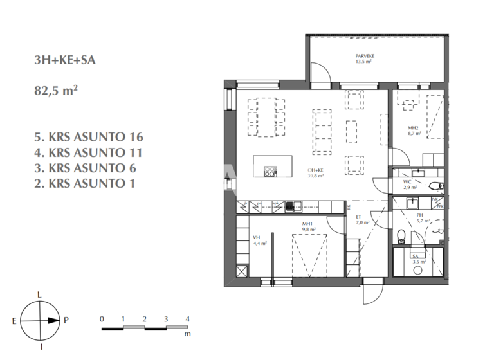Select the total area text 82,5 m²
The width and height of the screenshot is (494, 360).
click(56, 91)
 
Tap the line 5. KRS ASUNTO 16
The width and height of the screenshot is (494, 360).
click(89, 137)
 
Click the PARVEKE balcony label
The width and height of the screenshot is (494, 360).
click(365, 57)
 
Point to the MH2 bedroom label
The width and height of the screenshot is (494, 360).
click(413, 129)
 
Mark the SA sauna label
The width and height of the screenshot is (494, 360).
click(415, 256)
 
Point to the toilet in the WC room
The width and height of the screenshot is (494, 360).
click(437, 186)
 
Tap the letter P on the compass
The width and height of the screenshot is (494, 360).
click(66, 319)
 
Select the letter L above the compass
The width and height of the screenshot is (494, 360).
click(41, 294)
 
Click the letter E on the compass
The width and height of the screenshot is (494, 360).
click(14, 319)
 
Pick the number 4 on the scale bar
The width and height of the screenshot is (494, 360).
click(187, 319)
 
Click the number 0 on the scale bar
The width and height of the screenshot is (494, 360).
click(102, 319)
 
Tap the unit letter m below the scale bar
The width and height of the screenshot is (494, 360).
click(187, 335)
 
